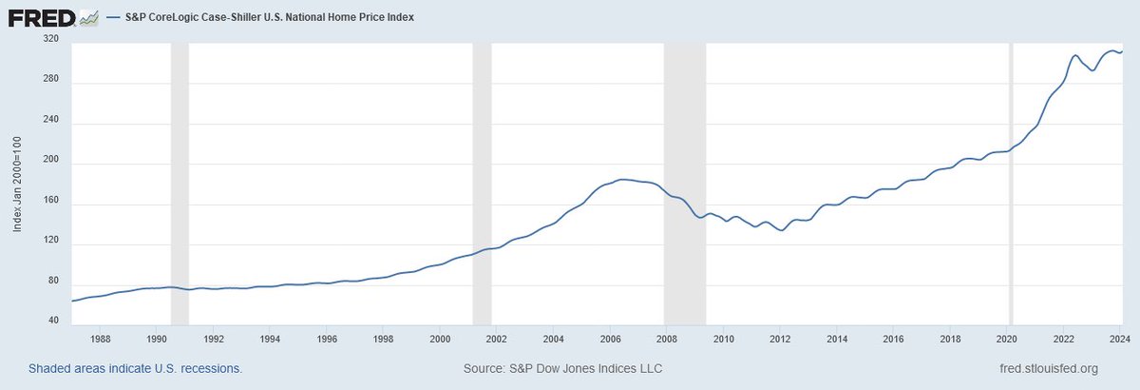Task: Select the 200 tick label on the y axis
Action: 52,164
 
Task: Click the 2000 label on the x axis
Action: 440,338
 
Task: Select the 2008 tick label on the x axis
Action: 667,338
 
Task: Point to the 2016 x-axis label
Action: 894,338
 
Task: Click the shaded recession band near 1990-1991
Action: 180,181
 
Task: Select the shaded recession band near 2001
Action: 482,181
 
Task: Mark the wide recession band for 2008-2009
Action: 684,181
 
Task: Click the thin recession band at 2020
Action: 1011,181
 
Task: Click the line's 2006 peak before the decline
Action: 622,179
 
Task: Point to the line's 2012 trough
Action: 781,230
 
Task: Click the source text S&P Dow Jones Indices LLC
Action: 561,368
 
